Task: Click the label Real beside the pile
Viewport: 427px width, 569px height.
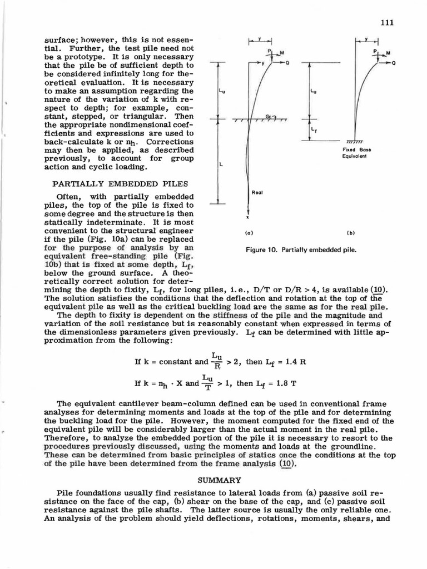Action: (x=259, y=192)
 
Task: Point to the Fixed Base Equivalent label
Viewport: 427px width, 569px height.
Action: (x=358, y=153)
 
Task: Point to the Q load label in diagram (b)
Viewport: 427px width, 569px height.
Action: (x=394, y=63)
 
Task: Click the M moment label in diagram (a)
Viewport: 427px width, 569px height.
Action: (x=281, y=53)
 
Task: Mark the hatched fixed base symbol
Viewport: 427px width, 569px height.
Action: (x=354, y=141)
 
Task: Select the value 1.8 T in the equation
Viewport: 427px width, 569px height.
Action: (x=296, y=383)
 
